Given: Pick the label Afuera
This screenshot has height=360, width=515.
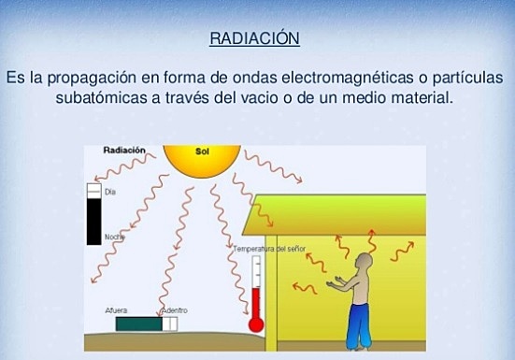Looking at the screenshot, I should (118, 309).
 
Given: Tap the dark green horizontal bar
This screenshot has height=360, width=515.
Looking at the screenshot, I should (140, 323).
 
